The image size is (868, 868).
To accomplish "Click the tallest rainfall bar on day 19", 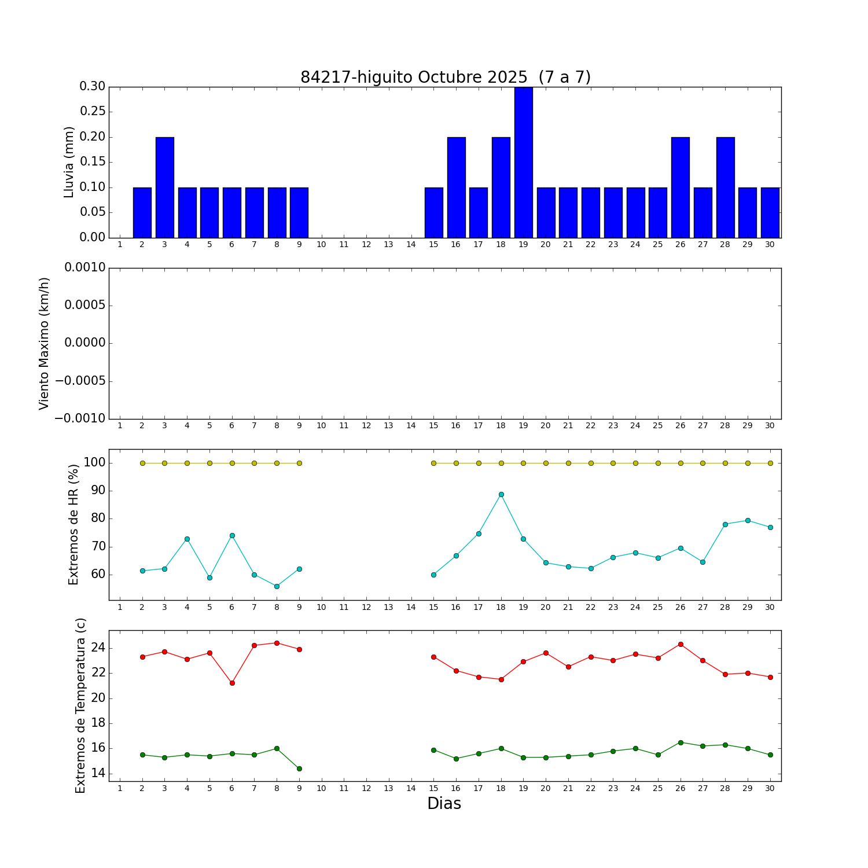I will click(523, 162).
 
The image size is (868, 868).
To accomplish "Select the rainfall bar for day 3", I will click(165, 187).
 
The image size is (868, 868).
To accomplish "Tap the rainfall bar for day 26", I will click(681, 187).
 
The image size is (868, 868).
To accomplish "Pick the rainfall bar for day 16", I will click(456, 187).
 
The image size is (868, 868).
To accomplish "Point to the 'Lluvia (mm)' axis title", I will click(69, 162).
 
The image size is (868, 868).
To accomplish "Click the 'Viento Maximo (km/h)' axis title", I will click(45, 343).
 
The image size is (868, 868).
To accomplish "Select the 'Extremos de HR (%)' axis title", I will click(73, 524).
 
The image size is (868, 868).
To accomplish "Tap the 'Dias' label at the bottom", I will click(444, 804).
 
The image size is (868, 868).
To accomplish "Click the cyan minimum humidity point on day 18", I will click(501, 494).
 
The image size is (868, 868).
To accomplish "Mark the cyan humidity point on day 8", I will click(277, 586).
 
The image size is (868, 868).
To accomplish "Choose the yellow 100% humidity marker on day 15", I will click(433, 463).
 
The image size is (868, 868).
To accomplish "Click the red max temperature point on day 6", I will click(232, 683).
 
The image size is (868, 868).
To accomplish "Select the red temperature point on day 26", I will click(681, 644).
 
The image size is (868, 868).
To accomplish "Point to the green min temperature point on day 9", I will click(299, 768).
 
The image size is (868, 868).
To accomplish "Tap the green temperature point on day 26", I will click(681, 742).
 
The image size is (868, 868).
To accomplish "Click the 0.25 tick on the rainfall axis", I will click(93, 112).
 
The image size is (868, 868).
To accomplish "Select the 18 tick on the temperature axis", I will click(98, 723).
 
